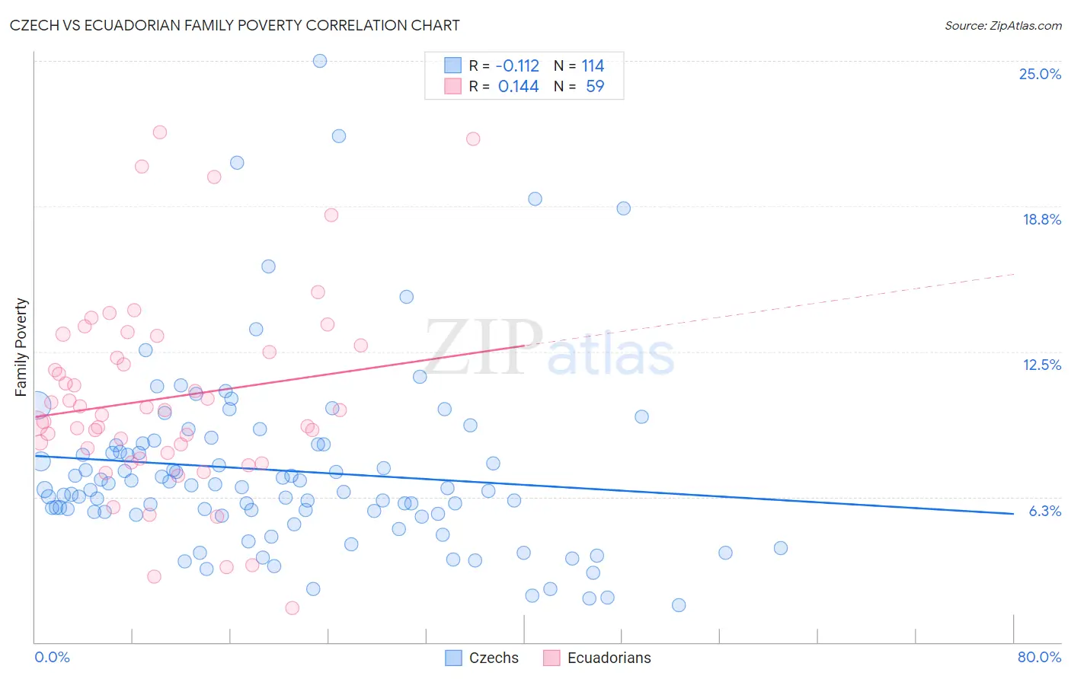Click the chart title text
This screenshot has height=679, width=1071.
(235, 25)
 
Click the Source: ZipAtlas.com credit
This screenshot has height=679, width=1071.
(1002, 25)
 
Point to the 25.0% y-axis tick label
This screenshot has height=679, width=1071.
(1040, 74)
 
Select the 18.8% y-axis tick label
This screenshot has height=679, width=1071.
(1041, 219)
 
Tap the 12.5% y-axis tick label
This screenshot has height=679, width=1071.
(1041, 365)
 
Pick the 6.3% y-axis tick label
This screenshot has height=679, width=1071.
(1044, 511)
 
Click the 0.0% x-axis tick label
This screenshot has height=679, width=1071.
(52, 657)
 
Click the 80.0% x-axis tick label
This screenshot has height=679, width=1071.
(1039, 657)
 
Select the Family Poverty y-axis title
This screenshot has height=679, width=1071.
(21, 347)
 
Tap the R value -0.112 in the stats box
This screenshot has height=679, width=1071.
(518, 66)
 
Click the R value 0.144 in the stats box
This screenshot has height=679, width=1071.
(518, 87)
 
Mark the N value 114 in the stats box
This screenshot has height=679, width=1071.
(593, 66)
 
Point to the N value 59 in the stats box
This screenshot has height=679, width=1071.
(595, 87)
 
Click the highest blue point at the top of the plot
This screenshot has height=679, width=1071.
(320, 61)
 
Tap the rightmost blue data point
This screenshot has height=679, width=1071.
(780, 548)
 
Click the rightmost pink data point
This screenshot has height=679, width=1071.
(473, 139)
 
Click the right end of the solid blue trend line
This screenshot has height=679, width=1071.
(1013, 514)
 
